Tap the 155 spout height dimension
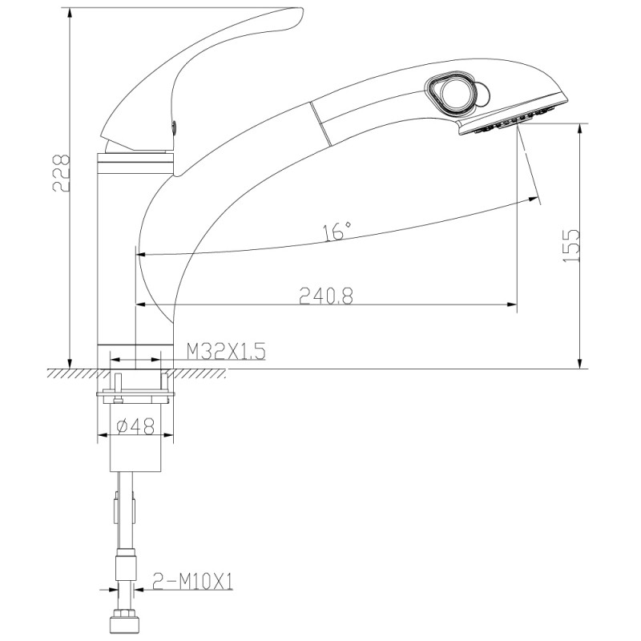(571, 246)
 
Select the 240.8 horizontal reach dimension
(326, 296)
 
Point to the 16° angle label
(337, 232)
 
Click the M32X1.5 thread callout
(226, 351)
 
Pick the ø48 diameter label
(135, 426)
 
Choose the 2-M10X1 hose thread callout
(192, 581)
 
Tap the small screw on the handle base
(174, 126)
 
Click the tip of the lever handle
(302, 12)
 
